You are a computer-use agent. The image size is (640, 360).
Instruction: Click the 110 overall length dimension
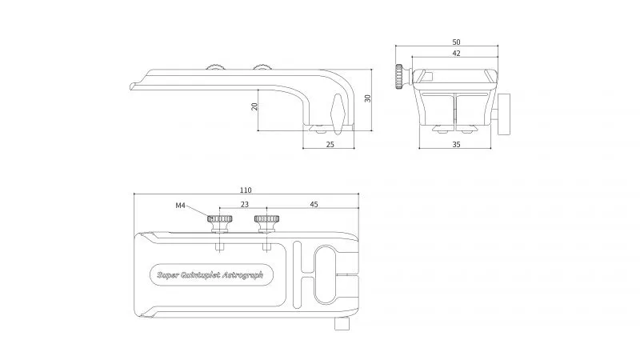pos(246,190)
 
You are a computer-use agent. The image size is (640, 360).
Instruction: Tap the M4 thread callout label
pos(180,206)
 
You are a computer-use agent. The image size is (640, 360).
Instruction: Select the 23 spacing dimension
pos(245,204)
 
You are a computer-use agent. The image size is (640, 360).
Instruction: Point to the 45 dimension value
pos(314,204)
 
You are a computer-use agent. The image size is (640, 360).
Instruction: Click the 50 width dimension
pos(456,42)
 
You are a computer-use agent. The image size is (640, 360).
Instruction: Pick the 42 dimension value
pos(456,53)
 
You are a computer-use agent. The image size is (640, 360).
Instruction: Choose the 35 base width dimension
pos(456,144)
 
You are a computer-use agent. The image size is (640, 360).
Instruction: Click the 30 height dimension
pos(368,98)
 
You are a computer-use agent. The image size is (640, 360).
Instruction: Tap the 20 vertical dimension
pos(254,106)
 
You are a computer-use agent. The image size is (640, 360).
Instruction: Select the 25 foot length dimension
pos(330,144)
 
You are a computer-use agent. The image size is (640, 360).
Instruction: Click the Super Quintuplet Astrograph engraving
pos(210,274)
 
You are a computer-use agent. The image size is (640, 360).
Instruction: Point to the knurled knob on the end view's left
pos(399,76)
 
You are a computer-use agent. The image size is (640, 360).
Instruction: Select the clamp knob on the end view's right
pos(504,114)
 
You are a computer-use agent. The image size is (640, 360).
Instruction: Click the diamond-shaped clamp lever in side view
pos(338,114)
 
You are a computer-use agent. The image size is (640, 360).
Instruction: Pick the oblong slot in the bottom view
pos(326,274)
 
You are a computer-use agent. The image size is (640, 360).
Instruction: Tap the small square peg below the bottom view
pos(342,324)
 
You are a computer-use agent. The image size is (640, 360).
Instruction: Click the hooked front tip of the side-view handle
pos(132,86)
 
